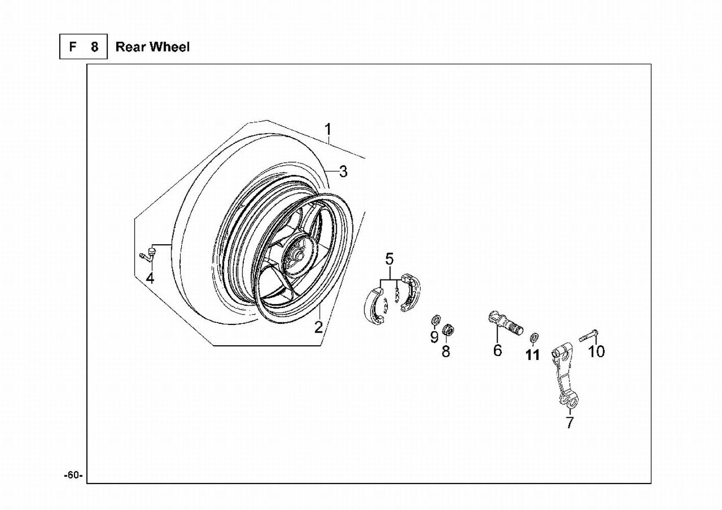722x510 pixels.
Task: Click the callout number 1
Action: point(328,130)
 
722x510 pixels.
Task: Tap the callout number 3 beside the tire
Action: point(343,171)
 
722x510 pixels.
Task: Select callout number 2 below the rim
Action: point(318,327)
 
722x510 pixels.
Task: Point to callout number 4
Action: point(150,278)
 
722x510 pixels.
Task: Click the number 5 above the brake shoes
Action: point(389,259)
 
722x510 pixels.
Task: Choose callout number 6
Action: point(497,350)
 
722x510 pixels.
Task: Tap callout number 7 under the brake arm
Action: point(569,423)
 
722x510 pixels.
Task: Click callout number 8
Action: point(445,351)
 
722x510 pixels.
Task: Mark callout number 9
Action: point(434,337)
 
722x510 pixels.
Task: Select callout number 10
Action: point(596,351)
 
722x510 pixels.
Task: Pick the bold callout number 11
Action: point(532,355)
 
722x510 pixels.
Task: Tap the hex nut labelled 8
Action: point(447,329)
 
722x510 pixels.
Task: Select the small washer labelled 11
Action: point(534,338)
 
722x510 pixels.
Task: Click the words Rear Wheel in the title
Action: point(153,47)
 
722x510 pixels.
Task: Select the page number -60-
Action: point(73,475)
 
